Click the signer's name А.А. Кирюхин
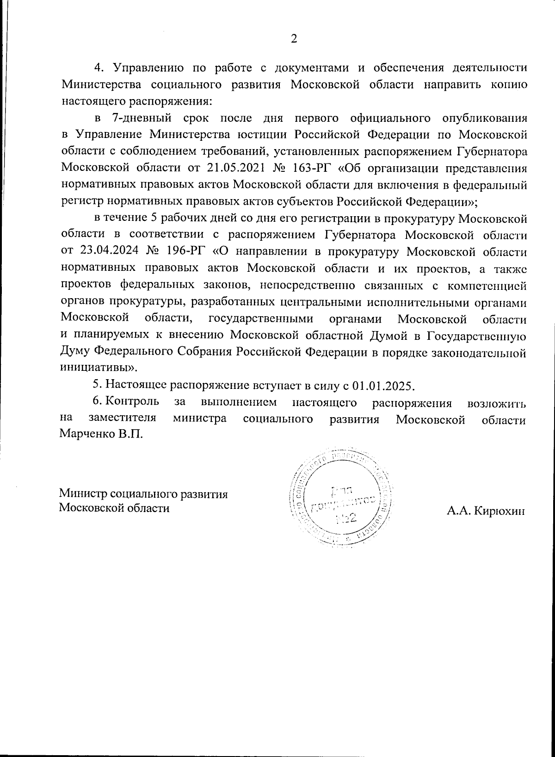pyautogui.click(x=486, y=511)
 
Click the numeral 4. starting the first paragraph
pyautogui.click(x=98, y=68)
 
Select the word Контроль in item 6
pyautogui.click(x=133, y=402)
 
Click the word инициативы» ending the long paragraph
pyautogui.click(x=99, y=369)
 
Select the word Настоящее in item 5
pyautogui.click(x=136, y=385)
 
